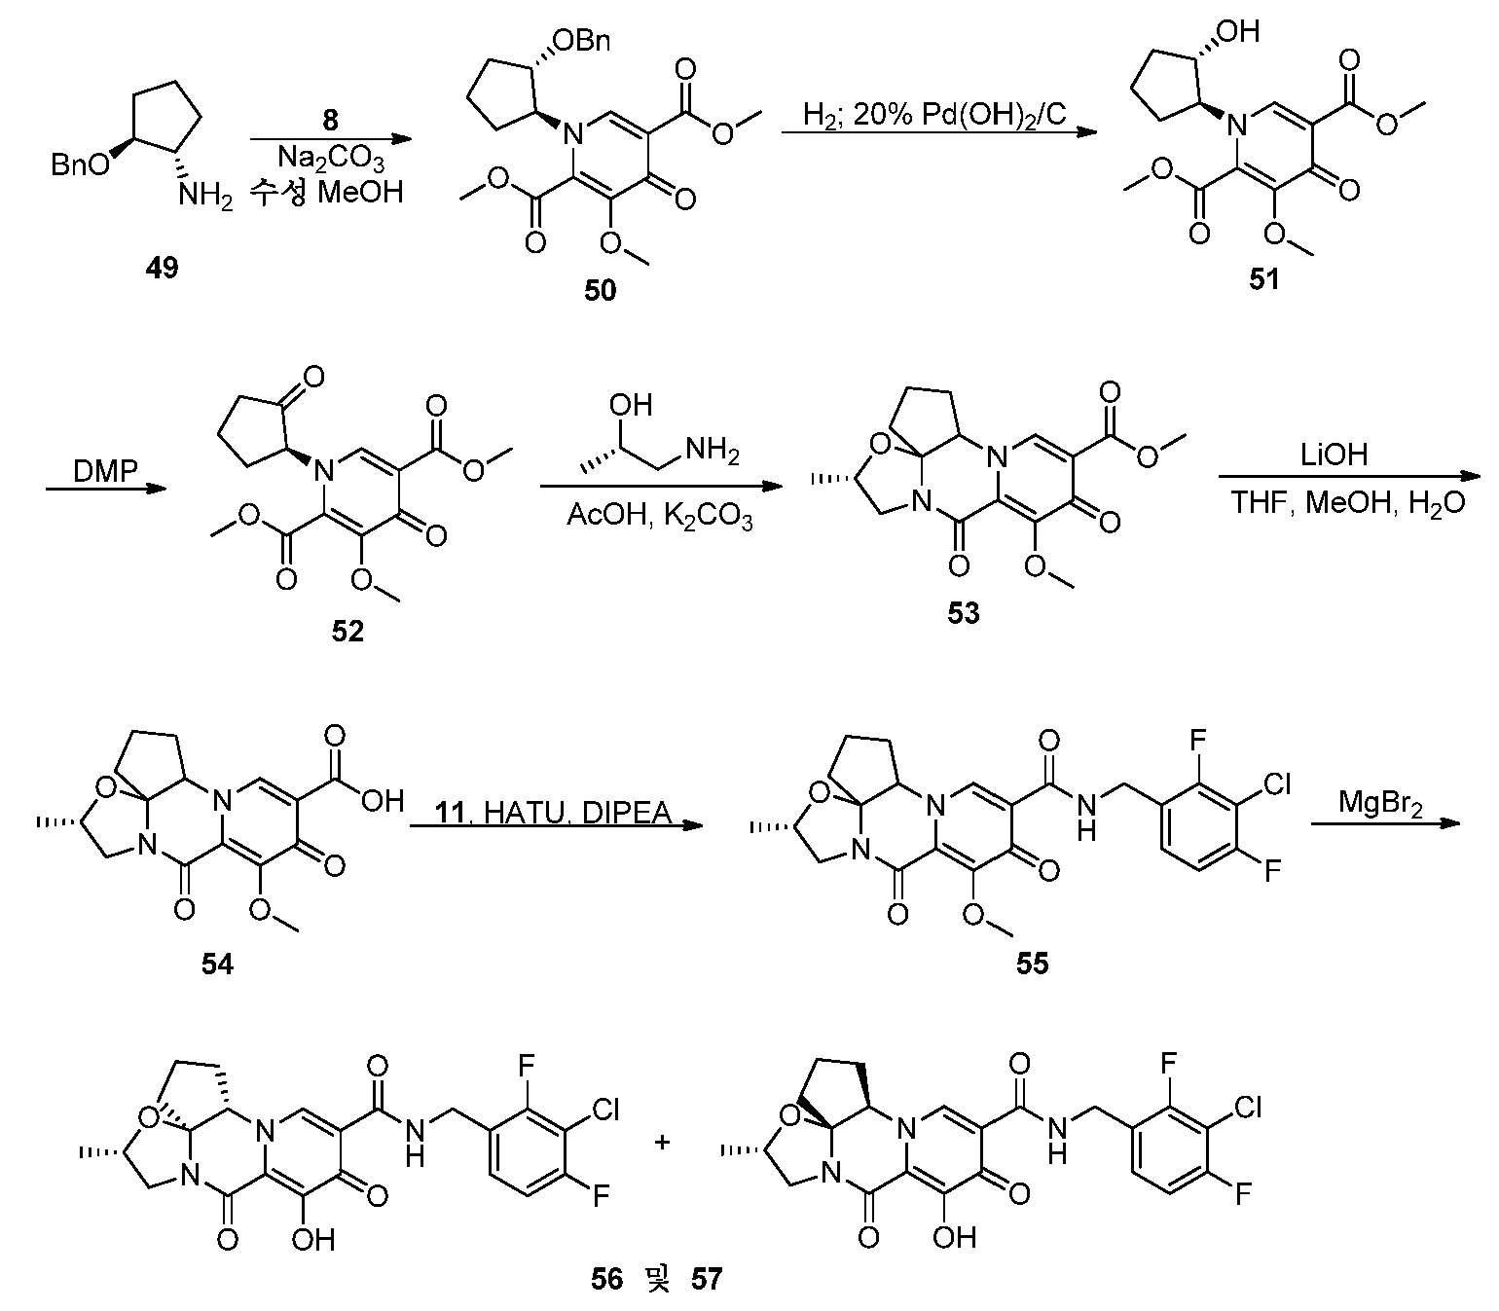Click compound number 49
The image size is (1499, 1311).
(162, 268)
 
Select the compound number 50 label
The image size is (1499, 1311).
(600, 291)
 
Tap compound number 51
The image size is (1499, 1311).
(1264, 279)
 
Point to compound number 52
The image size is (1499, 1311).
(347, 631)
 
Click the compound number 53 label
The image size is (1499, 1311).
(963, 613)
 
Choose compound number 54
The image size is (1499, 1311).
(217, 965)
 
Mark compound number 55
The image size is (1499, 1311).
(1033, 964)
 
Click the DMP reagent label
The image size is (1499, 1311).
(105, 471)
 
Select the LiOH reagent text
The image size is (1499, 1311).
(1334, 455)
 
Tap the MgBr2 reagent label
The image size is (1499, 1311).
(1380, 804)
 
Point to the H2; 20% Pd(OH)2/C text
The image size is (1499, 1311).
(934, 115)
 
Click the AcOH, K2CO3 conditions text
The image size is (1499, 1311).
(659, 517)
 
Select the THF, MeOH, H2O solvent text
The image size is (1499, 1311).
(1347, 504)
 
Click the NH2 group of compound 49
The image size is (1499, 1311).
(206, 197)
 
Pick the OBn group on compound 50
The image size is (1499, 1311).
(582, 41)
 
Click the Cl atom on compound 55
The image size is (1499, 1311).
(1276, 784)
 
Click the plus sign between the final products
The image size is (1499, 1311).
(662, 1143)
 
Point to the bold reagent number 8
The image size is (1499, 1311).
(330, 120)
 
